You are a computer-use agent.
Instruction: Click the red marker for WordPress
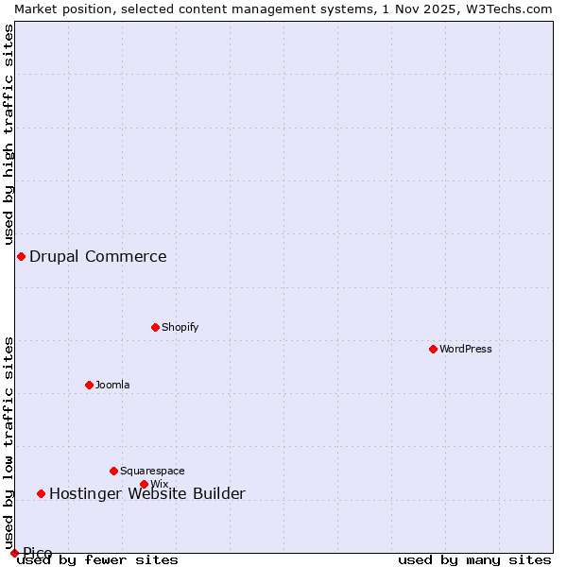[x=433, y=349]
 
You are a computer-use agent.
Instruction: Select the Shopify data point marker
[x=155, y=327]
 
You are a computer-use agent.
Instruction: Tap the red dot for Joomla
[x=89, y=385]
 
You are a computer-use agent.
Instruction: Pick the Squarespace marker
[x=113, y=471]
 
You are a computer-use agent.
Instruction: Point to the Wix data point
[x=144, y=484]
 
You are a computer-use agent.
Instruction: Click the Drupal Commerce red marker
[x=21, y=256]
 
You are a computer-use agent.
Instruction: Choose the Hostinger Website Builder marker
[x=41, y=493]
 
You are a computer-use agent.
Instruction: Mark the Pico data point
[x=14, y=553]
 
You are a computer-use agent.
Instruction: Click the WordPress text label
[x=466, y=349]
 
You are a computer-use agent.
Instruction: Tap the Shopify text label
[x=180, y=327]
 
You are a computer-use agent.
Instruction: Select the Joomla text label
[x=112, y=385]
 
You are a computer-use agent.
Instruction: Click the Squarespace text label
[x=152, y=471]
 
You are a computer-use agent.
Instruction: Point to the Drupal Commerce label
[x=98, y=256]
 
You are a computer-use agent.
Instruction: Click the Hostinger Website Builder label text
[x=147, y=493]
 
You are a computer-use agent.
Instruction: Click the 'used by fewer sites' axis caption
[x=98, y=560]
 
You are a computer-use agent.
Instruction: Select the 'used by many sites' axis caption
[x=474, y=560]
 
